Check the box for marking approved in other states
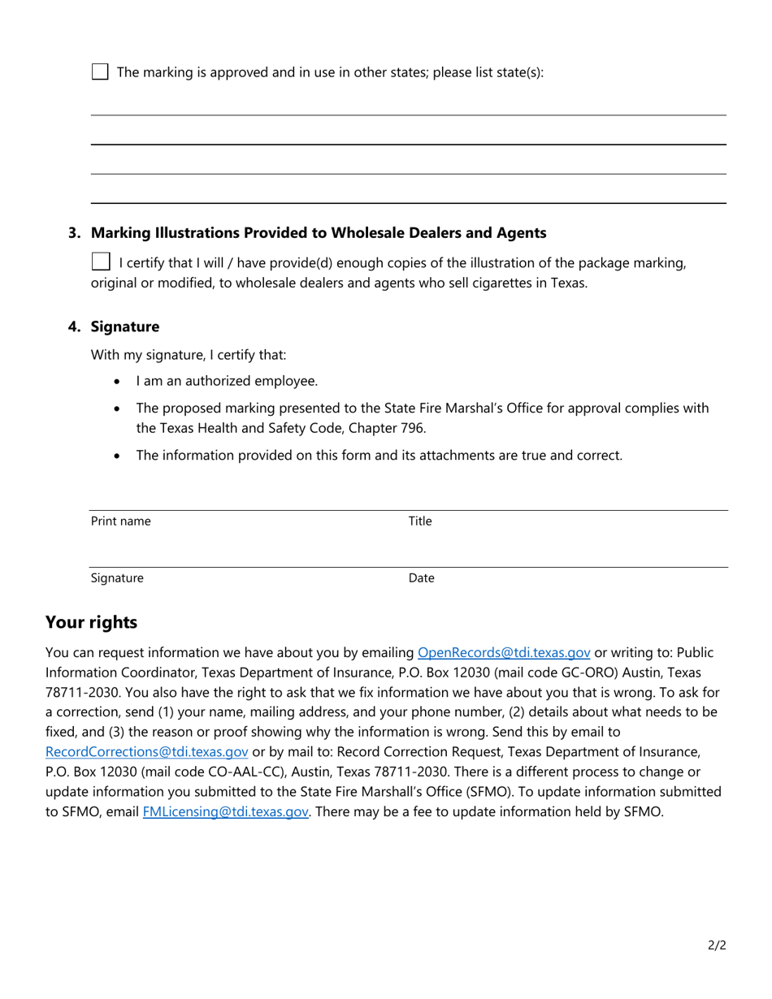pos(99,71)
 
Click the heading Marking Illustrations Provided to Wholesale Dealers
pos(318,233)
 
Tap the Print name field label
pos(120,521)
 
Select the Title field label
pos(419,521)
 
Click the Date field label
pos(421,578)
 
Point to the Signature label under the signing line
pos(117,578)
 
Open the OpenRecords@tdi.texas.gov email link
pos(503,652)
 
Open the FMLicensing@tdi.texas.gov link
pos(225,811)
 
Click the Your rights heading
pos(91,622)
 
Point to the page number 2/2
pos(716,945)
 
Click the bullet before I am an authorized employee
pos(119,382)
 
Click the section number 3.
pos(74,233)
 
